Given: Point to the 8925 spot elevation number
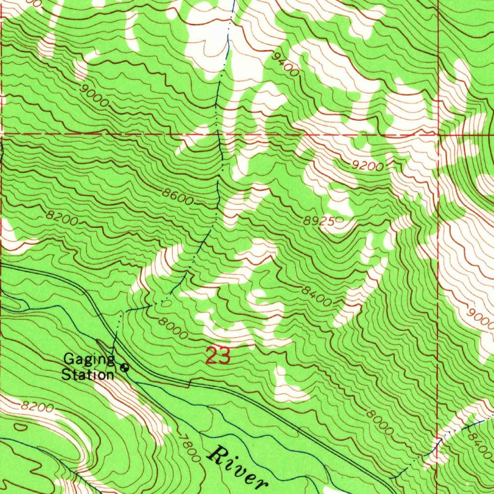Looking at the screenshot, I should click(x=319, y=221).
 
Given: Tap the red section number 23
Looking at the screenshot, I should click(x=218, y=357).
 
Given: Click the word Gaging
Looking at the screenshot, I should click(x=89, y=359).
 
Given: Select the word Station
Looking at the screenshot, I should click(x=88, y=374).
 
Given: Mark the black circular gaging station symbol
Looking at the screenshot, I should click(x=125, y=368).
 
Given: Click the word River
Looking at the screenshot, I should click(x=239, y=467).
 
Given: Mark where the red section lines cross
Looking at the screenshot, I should click(x=439, y=133).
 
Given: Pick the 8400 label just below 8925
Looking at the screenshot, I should click(x=317, y=296).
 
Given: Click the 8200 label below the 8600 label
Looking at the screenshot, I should click(x=63, y=219).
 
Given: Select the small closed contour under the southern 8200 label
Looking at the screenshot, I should click(x=21, y=427).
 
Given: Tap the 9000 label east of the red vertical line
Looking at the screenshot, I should click(x=480, y=318).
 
